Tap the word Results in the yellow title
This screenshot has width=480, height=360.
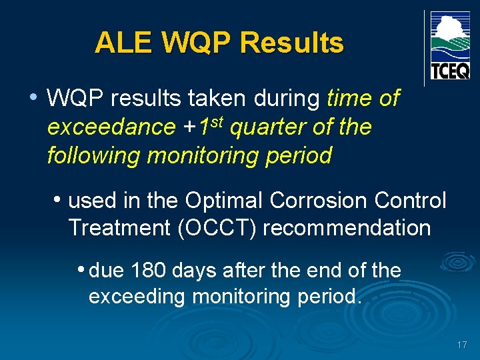(x=292, y=43)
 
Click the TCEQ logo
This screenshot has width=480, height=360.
(x=450, y=46)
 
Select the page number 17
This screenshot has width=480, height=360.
(x=461, y=345)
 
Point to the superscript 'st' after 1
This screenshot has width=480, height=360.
(x=216, y=121)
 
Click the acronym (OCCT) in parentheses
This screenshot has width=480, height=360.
(x=218, y=228)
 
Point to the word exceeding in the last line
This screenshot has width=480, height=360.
(x=137, y=296)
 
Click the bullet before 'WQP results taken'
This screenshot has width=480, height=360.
(x=33, y=97)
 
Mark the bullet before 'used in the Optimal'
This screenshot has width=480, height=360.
(x=59, y=199)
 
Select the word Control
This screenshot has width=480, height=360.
(x=411, y=199)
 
